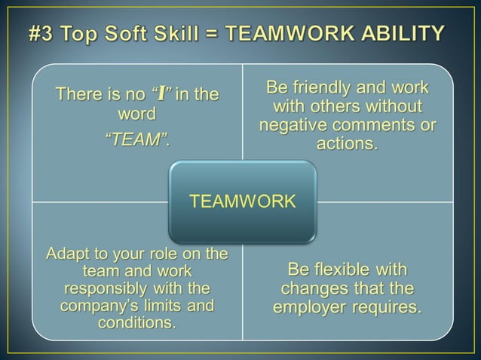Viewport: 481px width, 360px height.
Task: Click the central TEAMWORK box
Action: pyautogui.click(x=242, y=201)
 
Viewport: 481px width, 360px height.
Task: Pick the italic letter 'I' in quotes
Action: pyautogui.click(x=161, y=94)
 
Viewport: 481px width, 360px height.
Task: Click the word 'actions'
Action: pyautogui.click(x=345, y=144)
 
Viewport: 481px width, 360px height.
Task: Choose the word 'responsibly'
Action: pyautogui.click(x=106, y=288)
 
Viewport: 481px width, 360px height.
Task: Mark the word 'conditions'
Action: pyautogui.click(x=136, y=323)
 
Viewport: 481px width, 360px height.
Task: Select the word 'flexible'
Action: pyautogui.click(x=343, y=270)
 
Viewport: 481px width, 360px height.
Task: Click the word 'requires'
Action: pyautogui.click(x=389, y=308)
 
